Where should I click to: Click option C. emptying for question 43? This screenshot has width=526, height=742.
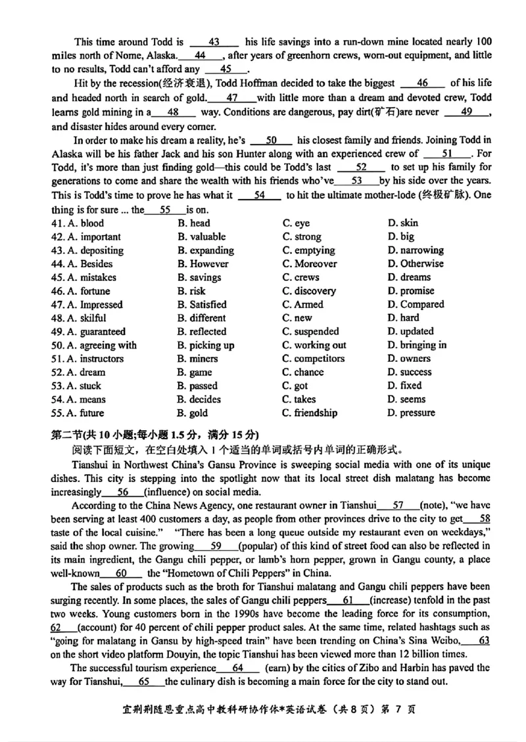pyautogui.click(x=308, y=250)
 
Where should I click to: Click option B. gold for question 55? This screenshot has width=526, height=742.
pyautogui.click(x=193, y=413)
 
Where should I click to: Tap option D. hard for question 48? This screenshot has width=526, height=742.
pyautogui.click(x=403, y=318)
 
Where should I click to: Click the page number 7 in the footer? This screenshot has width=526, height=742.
pyautogui.click(x=393, y=710)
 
